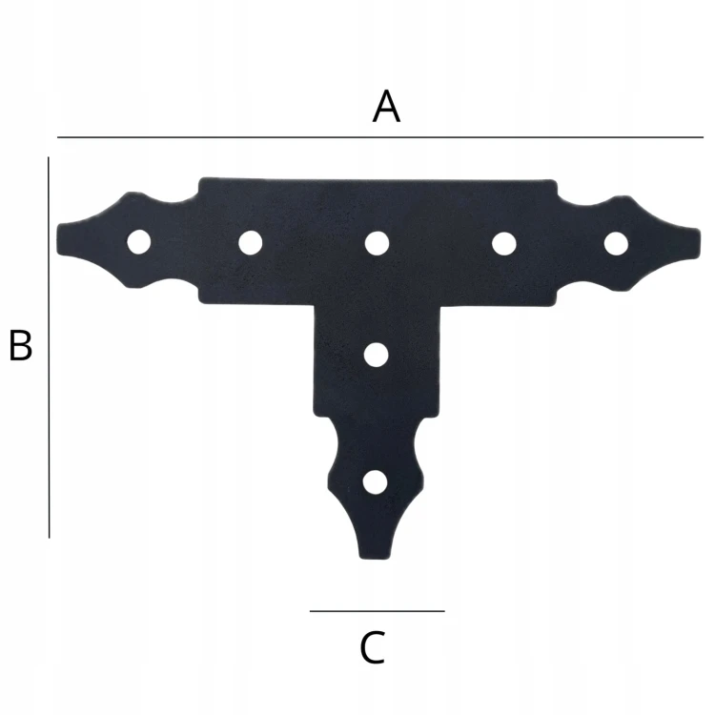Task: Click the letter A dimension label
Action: (x=386, y=107)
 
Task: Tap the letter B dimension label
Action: (x=21, y=345)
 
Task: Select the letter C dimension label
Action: (x=373, y=647)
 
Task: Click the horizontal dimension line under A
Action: (x=380, y=136)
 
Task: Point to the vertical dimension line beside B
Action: (x=49, y=347)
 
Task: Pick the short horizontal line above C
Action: (x=378, y=611)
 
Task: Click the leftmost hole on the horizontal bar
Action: (x=139, y=242)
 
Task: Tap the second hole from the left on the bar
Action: (x=251, y=242)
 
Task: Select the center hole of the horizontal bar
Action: (x=377, y=243)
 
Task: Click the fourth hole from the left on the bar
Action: (x=504, y=243)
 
